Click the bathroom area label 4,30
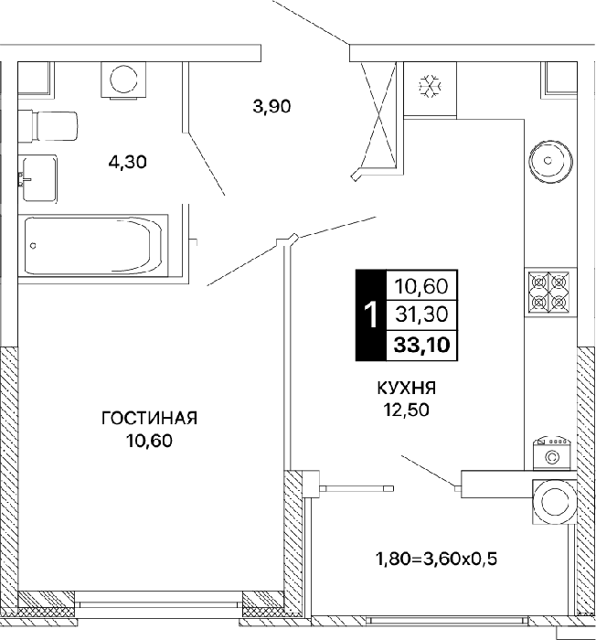127,163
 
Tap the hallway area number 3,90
271,107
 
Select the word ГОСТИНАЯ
149,419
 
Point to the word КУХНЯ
407,388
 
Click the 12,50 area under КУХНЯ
406,410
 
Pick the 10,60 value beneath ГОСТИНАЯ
149,441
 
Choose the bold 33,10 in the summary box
422,346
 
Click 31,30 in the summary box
422,315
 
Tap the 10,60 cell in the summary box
421,286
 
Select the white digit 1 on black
371,315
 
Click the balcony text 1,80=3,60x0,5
436,559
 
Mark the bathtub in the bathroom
93,245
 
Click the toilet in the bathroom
48,126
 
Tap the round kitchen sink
550,161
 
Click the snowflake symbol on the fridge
431,86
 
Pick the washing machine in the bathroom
123,80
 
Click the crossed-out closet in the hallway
378,115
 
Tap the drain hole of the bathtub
34,246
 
